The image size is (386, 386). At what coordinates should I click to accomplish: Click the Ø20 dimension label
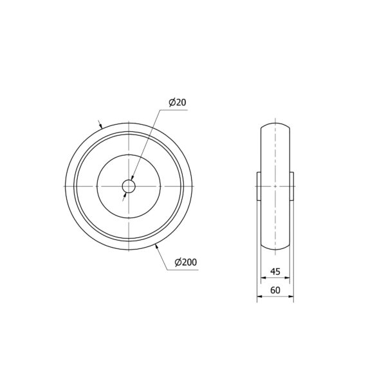click(x=178, y=102)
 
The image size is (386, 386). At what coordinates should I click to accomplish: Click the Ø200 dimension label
click(x=186, y=262)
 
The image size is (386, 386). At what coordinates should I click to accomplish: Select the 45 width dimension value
click(x=275, y=271)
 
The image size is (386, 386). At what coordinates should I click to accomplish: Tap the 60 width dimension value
click(x=275, y=290)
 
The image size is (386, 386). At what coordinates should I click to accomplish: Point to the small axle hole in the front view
click(x=129, y=186)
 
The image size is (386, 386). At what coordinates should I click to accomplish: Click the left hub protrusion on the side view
click(x=259, y=186)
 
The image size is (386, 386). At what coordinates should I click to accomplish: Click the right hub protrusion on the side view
click(x=291, y=186)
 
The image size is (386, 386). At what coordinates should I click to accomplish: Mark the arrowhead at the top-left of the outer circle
click(x=100, y=125)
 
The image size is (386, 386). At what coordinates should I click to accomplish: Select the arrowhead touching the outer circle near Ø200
click(x=156, y=246)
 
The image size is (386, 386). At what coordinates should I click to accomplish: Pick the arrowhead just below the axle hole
click(x=125, y=195)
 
